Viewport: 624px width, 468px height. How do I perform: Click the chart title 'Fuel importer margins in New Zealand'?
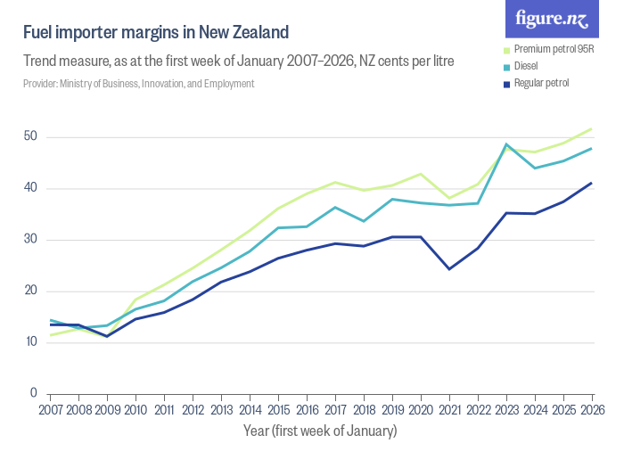[156, 33]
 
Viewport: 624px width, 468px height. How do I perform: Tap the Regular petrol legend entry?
[541, 83]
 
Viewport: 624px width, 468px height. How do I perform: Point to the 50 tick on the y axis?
[30, 137]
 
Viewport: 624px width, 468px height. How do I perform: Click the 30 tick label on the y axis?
[30, 240]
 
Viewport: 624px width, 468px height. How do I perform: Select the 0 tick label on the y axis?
[33, 393]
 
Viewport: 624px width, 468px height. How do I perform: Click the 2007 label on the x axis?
[50, 409]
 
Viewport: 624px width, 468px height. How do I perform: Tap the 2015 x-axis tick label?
[278, 409]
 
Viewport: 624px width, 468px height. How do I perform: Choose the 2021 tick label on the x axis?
[449, 409]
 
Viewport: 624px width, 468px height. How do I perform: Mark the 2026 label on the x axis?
[591, 409]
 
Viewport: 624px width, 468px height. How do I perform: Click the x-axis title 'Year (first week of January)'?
[320, 431]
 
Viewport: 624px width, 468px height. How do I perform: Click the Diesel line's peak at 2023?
[506, 144]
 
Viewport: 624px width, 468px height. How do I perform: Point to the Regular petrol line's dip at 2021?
[449, 268]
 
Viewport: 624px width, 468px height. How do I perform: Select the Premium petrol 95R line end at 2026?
[592, 128]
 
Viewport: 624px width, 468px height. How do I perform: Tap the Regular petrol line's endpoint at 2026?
[592, 183]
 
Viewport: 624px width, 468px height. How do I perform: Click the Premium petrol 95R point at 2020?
[421, 174]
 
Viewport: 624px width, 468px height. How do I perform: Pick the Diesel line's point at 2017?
[335, 207]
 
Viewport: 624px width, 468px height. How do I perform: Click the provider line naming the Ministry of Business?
[139, 84]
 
